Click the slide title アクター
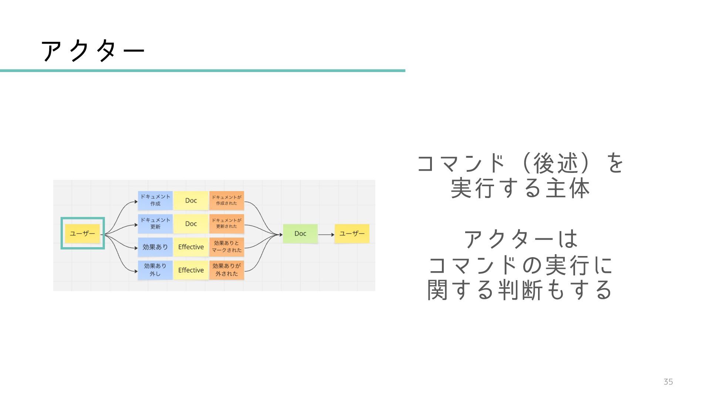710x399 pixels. pos(92,51)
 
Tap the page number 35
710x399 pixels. pos(668,382)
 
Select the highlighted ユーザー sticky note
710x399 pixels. pos(82,233)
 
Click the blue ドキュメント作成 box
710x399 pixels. pos(155,200)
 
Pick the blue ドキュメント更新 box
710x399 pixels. pos(155,224)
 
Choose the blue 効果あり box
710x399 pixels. pos(155,247)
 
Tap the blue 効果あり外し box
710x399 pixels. pos(155,270)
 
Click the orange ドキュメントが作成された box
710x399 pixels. pos(226,200)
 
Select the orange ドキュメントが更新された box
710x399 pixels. pos(226,224)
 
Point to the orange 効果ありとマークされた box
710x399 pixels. pos(226,247)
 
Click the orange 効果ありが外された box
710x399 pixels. pos(226,270)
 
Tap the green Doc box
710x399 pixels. pos(300,233)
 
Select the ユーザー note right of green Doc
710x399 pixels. pos(352,233)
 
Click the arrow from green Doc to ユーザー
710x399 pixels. pos(326,235)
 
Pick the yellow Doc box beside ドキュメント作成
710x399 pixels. pos(191,200)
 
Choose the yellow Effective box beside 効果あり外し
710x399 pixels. pos(191,270)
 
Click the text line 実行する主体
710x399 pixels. pos(520,188)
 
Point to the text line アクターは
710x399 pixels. pos(521,239)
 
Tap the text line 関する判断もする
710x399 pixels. pos(520,290)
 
